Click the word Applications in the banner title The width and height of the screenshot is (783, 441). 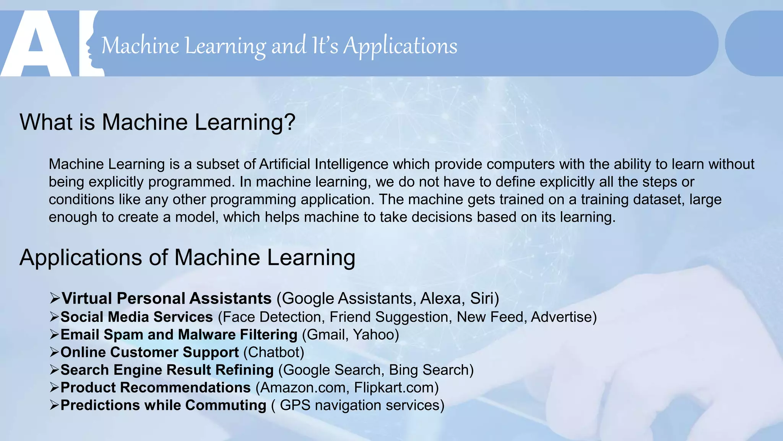(x=400, y=46)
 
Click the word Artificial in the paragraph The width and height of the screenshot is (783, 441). (x=284, y=164)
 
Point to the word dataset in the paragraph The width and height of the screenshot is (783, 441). (x=658, y=199)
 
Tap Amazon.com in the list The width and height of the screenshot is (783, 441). (x=302, y=387)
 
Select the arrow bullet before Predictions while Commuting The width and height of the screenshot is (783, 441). (x=55, y=405)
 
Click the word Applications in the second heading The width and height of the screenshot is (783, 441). (x=81, y=258)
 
